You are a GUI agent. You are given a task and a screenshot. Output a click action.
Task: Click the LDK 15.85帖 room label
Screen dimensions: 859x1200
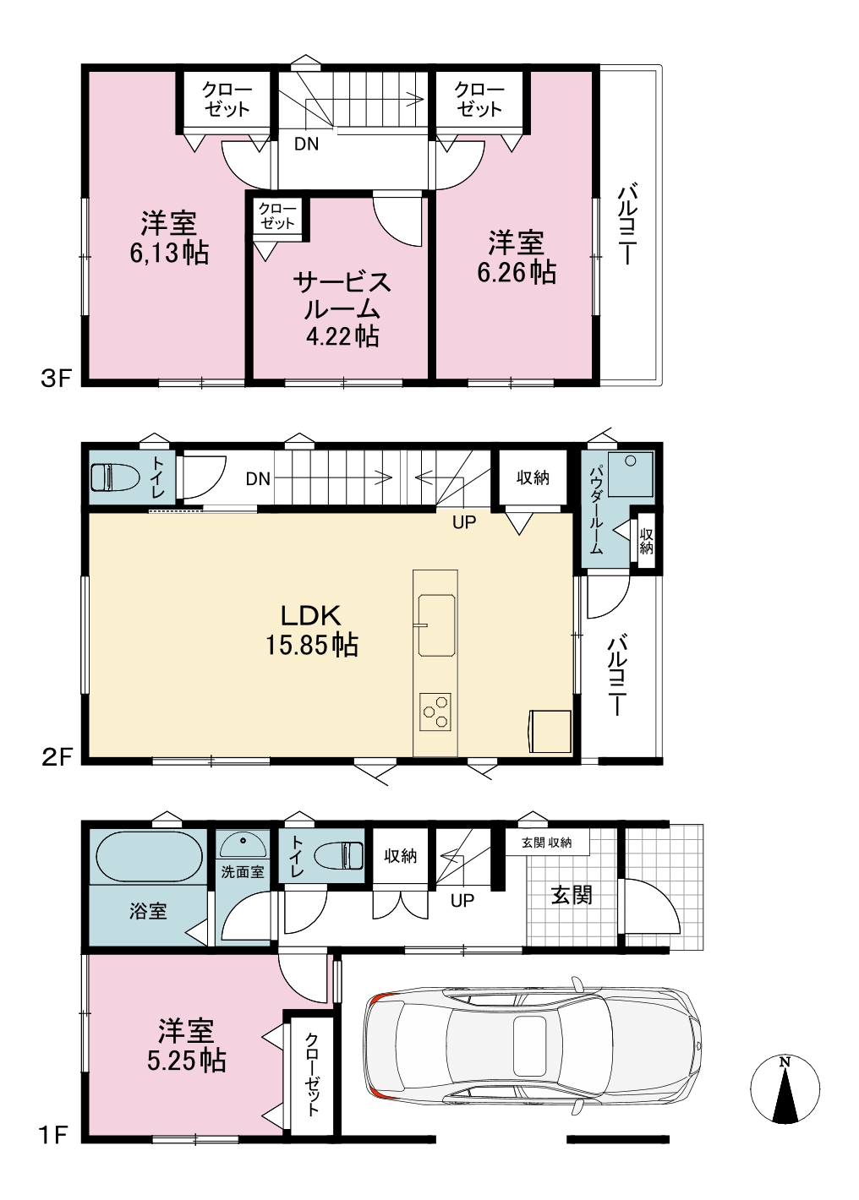[312, 630]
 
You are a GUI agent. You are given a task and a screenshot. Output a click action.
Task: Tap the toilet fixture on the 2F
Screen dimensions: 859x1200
[116, 477]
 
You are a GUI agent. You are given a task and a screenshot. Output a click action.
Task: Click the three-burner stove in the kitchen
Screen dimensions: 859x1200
[435, 712]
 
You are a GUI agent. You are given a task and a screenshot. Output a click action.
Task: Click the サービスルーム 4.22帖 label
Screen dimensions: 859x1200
[342, 309]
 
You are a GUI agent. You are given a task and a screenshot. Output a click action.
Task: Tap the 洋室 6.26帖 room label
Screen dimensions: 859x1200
[517, 257]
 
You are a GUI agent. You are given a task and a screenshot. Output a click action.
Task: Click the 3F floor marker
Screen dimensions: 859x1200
[57, 379]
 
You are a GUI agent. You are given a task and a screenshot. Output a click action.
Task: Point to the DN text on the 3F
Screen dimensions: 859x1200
[307, 145]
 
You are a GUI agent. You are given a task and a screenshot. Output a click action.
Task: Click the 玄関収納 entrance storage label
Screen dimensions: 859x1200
[546, 843]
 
